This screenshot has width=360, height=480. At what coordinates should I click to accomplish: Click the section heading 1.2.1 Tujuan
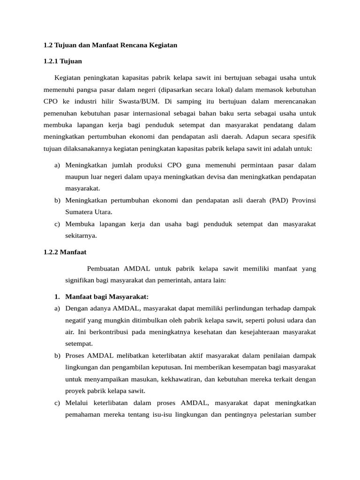point(62,61)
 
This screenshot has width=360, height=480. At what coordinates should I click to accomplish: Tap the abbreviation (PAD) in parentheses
point(280,200)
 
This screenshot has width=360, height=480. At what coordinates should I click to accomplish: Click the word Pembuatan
point(104,269)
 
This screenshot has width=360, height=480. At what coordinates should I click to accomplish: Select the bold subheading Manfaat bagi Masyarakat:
point(107,297)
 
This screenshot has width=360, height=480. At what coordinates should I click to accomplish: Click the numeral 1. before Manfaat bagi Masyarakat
point(57,297)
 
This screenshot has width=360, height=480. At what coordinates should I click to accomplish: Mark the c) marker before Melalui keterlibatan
point(57,403)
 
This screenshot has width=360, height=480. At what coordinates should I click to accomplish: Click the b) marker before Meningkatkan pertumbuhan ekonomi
point(57,200)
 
